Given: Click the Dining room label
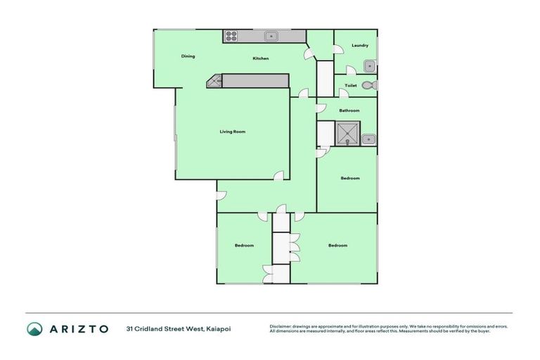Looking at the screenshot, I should coord(188,56).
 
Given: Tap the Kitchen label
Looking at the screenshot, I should coord(261,58).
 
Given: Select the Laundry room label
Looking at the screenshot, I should coord(360,46).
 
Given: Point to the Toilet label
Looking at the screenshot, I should coord(351,86).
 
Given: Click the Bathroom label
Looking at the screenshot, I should coord(349,110).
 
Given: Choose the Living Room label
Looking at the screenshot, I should coord(232,131).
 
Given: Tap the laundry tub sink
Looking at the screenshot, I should coord(369,67).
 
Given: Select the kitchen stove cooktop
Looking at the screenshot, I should coord(231,37).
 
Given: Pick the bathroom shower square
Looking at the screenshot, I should coord(347,133).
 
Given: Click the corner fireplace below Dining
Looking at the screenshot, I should coord(214,82).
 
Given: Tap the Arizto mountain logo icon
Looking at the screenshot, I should coord(34,328).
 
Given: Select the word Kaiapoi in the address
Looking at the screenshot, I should coord(219,328).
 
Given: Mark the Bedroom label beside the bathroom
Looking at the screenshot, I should coord(350,178).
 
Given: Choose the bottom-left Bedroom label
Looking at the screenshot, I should coord(244,245).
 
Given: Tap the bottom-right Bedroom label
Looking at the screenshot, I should coord(337,245).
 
